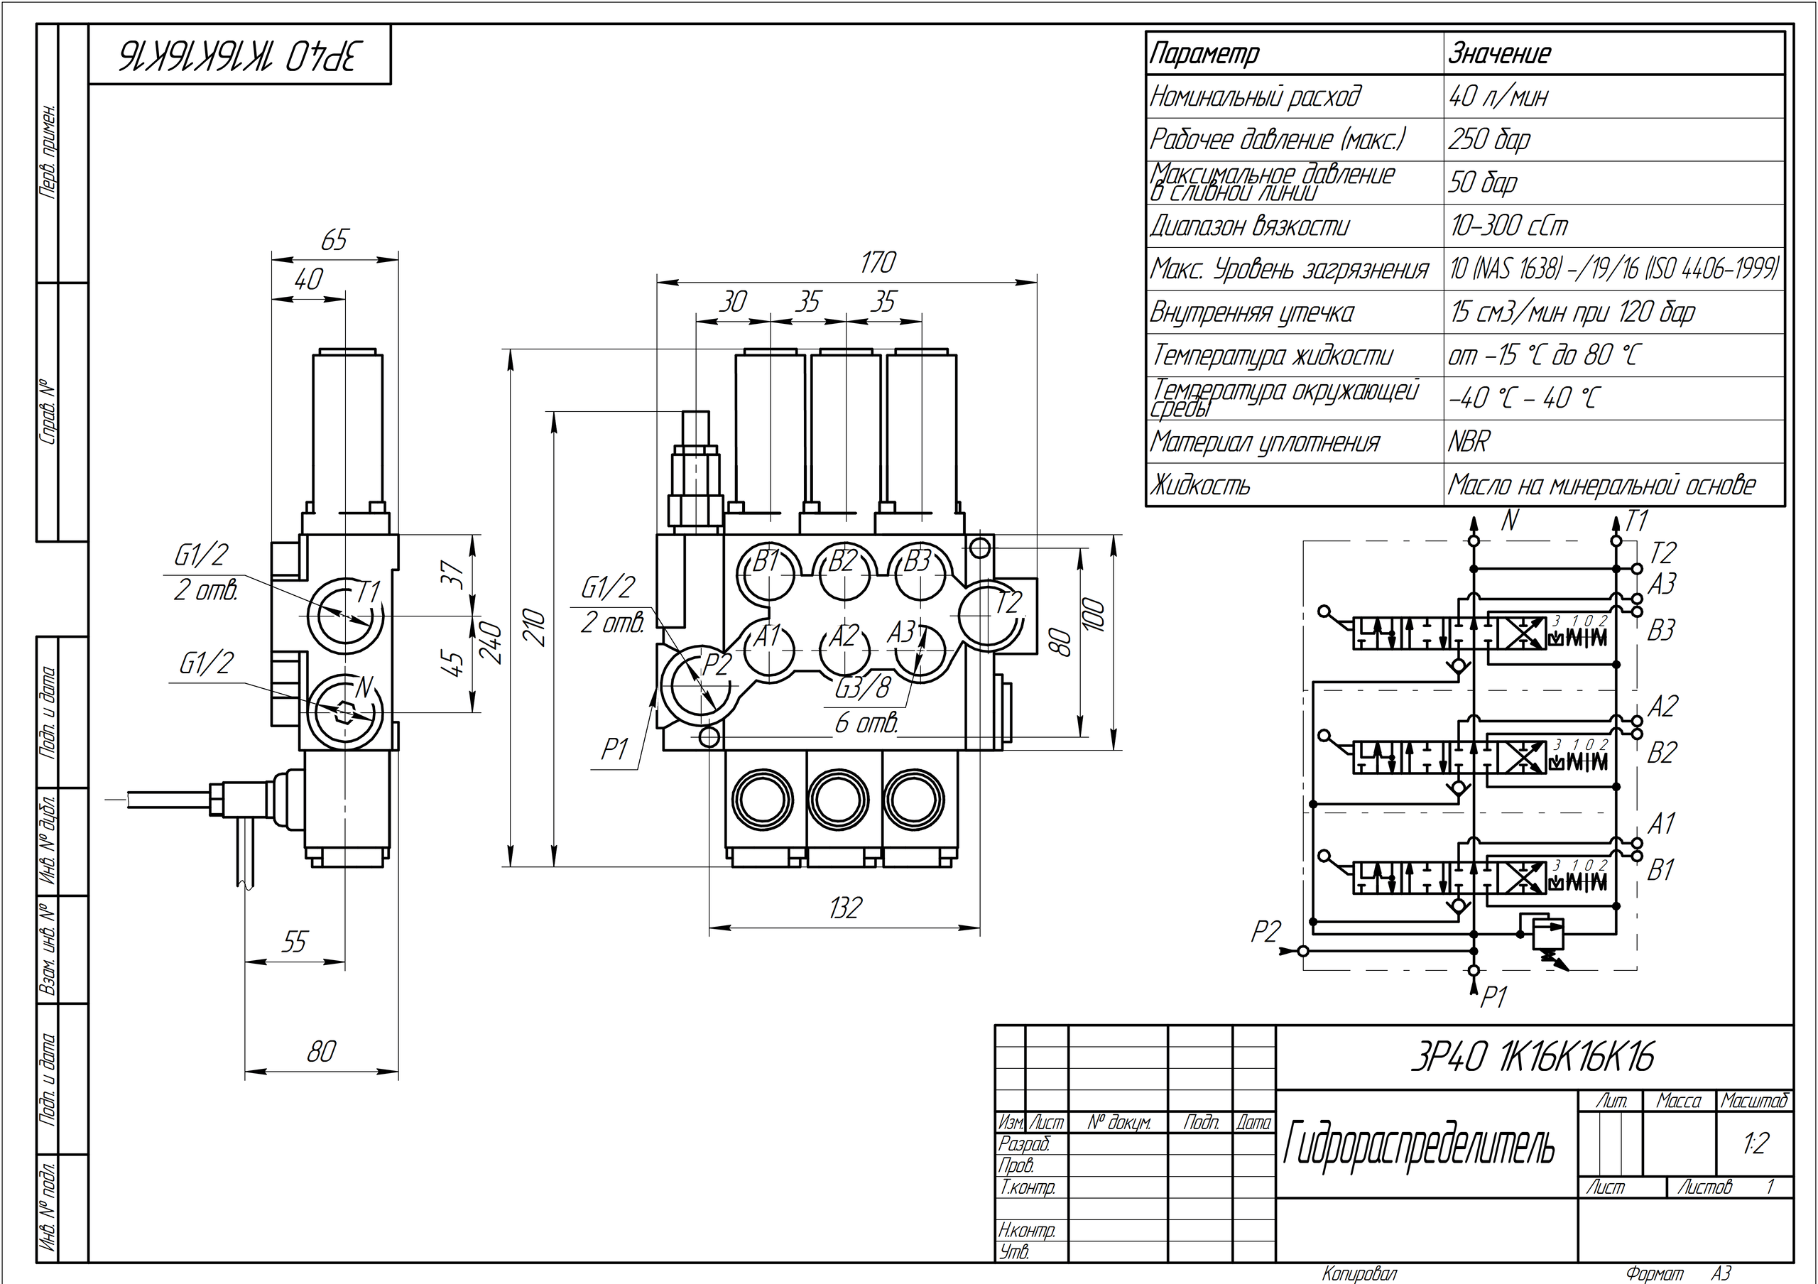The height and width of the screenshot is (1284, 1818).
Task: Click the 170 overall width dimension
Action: (877, 263)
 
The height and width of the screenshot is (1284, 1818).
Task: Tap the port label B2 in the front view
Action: (843, 561)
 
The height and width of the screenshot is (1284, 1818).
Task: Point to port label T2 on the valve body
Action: (1007, 604)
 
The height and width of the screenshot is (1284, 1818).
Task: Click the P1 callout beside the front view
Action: (615, 749)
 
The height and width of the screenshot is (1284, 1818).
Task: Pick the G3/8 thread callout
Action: (862, 688)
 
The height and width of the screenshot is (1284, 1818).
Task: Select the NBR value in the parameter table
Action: (1469, 442)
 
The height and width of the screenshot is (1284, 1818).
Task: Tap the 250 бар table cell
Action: (1489, 140)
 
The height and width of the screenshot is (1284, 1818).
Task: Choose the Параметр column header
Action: (1204, 54)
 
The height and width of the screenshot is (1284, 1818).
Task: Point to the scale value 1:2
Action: (1755, 1143)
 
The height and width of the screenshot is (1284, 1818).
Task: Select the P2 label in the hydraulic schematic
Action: (1265, 932)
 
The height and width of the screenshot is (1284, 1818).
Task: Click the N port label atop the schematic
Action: (1510, 520)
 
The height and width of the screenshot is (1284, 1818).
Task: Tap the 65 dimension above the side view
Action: (334, 240)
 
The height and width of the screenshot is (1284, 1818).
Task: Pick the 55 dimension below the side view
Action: (294, 942)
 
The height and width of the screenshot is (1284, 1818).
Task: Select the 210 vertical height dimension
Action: (536, 627)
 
